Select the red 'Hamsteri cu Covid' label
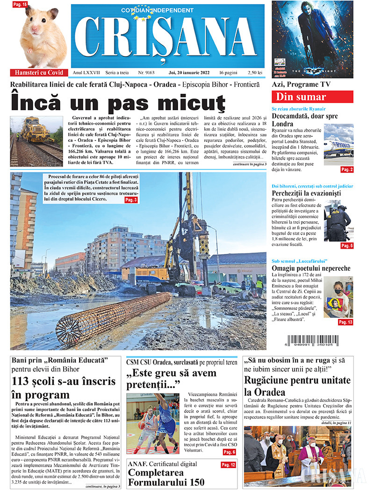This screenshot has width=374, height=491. click(39, 73)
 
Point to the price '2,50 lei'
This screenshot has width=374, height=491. click(255, 73)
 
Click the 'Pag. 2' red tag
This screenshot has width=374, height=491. click(347, 169)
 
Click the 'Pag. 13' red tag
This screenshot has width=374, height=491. click(346, 322)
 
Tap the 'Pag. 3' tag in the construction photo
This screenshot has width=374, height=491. click(131, 200)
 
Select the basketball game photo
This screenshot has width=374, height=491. click(152, 424)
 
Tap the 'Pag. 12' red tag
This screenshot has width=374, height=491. click(228, 465)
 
